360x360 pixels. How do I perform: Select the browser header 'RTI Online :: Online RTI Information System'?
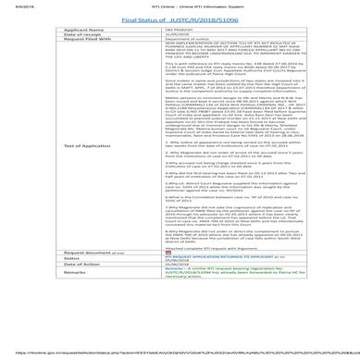179,5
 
